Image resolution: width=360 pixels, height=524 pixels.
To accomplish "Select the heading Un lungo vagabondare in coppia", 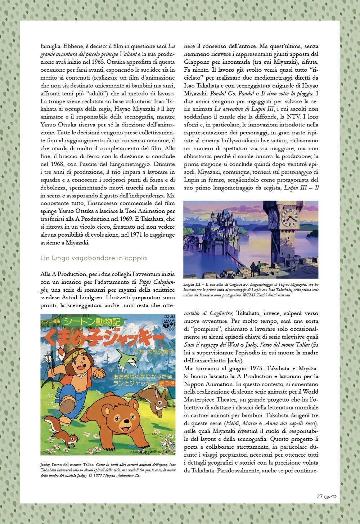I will point(94,258).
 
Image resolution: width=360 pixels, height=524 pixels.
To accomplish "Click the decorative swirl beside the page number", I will point(330,497).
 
